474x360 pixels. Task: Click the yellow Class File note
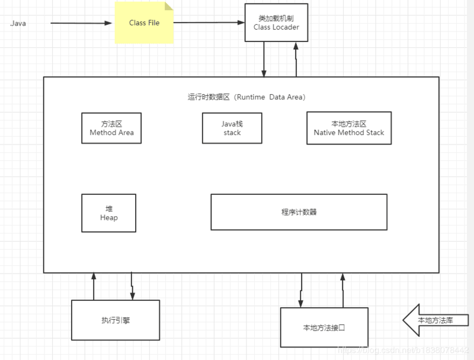[144, 23]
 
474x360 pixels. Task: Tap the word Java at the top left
[18, 24]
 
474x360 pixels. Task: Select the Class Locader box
[276, 23]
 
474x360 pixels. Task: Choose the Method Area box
[111, 128]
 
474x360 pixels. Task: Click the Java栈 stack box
[232, 128]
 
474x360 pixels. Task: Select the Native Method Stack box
[349, 128]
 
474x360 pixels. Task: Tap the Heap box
[108, 213]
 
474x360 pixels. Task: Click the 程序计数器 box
[299, 212]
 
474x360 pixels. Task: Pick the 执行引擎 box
[116, 320]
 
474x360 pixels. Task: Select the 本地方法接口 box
[324, 327]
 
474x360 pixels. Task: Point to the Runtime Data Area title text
[246, 97]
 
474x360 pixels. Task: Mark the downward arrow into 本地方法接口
[302, 290]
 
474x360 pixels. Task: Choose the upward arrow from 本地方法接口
[342, 290]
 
